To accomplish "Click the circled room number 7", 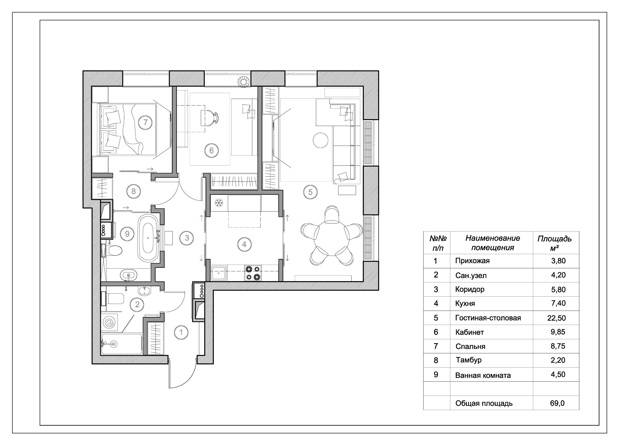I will click(146, 122).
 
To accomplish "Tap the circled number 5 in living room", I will click(310, 192).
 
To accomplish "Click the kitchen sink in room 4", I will click(218, 273).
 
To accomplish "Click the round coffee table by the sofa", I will click(320, 140).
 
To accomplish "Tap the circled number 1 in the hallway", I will click(181, 332).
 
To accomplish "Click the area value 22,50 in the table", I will click(558, 318).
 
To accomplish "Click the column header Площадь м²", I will click(554, 243).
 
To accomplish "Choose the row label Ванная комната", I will click(483, 376).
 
